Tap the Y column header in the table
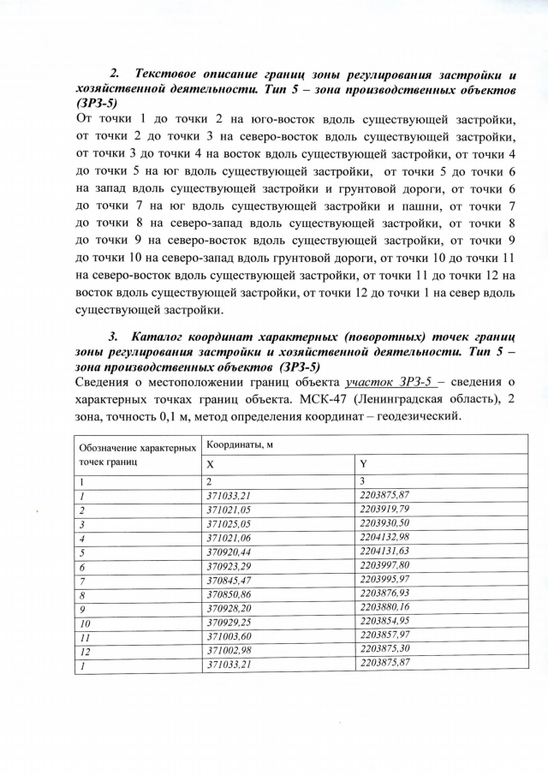[364, 463]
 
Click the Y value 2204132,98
[385, 537]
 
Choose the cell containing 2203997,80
[385, 565]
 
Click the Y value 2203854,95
[385, 622]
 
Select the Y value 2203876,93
[385, 593]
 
